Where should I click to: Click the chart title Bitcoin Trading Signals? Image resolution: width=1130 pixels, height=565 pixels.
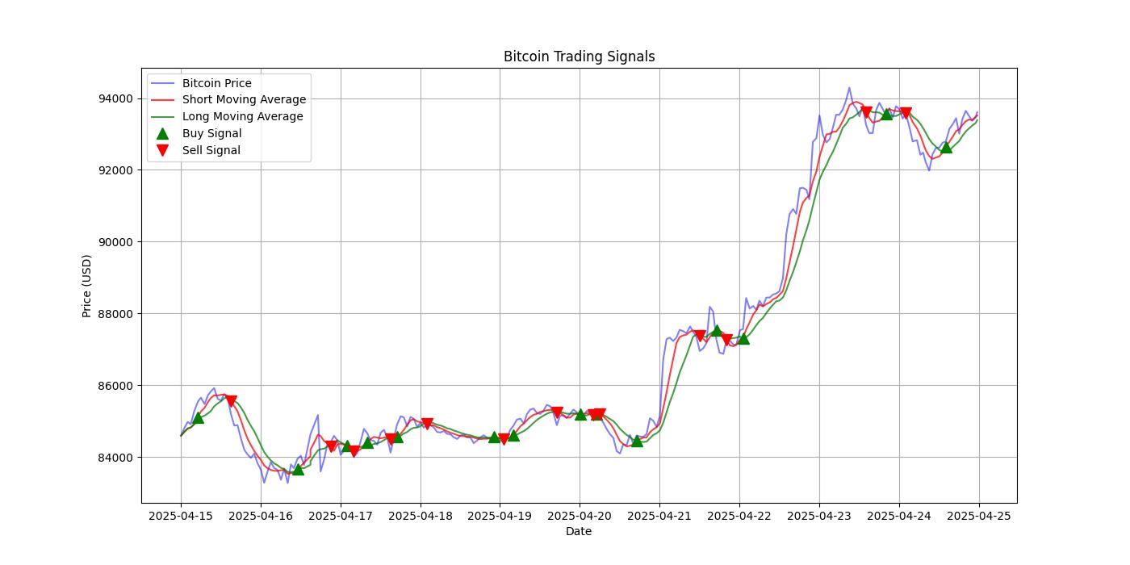click(x=579, y=56)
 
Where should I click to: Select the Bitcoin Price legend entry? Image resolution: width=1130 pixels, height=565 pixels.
click(x=216, y=83)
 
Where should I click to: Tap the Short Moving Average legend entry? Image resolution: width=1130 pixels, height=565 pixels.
click(x=244, y=100)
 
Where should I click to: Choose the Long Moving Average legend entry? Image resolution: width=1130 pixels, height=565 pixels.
click(x=242, y=116)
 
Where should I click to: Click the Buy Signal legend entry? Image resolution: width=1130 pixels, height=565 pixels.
click(x=211, y=133)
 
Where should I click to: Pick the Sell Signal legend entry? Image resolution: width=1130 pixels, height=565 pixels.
click(x=211, y=150)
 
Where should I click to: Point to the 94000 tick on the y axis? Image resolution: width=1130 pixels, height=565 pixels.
click(x=117, y=98)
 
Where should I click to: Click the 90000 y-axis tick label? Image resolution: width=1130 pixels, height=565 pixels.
click(x=117, y=242)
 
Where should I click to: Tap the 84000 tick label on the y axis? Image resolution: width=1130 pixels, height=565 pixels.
click(x=117, y=457)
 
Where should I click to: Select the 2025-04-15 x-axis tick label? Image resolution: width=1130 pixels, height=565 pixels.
click(x=181, y=515)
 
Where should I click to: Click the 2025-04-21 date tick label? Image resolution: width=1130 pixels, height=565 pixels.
click(x=659, y=515)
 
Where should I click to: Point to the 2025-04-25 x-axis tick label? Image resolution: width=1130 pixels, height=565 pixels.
click(x=979, y=515)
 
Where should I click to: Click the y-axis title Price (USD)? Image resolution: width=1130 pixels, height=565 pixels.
click(x=87, y=286)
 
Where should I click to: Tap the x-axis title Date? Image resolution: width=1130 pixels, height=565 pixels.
click(x=579, y=531)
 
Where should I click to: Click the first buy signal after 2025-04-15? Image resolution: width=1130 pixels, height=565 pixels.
click(x=198, y=417)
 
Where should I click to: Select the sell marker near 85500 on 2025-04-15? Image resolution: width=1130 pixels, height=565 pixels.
click(x=231, y=401)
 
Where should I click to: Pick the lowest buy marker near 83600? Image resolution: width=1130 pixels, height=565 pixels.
click(x=298, y=469)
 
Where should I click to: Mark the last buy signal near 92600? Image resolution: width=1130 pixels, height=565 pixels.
click(x=946, y=147)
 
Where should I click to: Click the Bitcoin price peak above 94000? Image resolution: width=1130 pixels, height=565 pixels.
click(x=849, y=88)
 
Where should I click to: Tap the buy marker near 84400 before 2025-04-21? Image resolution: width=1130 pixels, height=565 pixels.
click(x=637, y=441)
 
